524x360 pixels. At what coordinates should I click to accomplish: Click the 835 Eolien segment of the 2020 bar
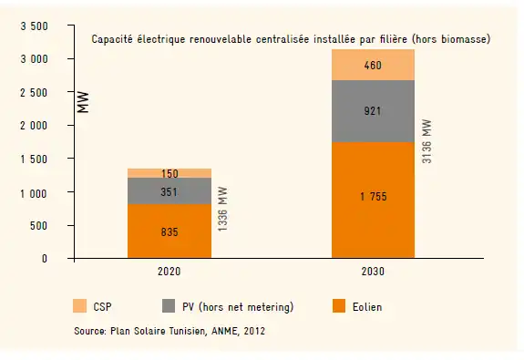click(170, 231)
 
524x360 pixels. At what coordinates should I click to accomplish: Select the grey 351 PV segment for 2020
click(170, 191)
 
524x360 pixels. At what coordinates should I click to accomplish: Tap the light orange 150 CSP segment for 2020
click(170, 173)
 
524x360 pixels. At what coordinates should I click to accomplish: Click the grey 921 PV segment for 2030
click(373, 111)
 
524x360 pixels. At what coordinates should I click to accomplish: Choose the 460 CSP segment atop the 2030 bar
click(373, 65)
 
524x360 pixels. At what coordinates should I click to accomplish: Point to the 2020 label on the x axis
click(170, 272)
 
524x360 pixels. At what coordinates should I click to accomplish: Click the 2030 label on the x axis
click(373, 272)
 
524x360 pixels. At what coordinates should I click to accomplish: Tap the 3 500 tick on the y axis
click(34, 26)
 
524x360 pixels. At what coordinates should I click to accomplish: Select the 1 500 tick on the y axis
click(34, 159)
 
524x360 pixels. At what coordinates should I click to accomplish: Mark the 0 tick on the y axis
click(44, 259)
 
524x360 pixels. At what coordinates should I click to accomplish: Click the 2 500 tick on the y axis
click(34, 93)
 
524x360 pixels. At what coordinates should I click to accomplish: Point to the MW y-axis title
click(83, 103)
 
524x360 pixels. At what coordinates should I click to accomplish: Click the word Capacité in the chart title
click(111, 39)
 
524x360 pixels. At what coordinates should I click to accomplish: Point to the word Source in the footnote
click(89, 333)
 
